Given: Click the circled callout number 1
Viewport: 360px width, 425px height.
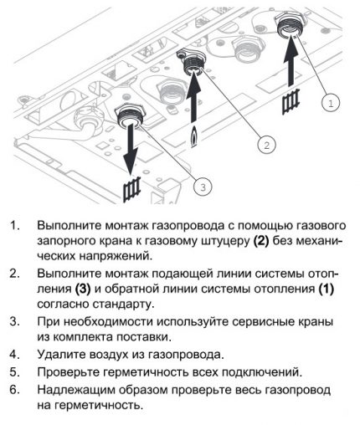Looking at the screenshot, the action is point(331,104).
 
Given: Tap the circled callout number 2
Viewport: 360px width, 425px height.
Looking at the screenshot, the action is point(266,145).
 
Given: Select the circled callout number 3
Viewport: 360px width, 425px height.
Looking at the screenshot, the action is point(203,187).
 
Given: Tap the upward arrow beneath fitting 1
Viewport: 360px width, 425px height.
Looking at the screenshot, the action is point(291,61).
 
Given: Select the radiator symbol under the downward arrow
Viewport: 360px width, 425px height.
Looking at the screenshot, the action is point(131,189).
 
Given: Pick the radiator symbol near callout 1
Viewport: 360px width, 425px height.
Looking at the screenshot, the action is point(291,101).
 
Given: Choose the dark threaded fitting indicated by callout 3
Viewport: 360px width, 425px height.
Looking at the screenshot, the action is point(129,116).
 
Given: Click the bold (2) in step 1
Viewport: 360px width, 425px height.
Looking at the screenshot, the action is point(261,241).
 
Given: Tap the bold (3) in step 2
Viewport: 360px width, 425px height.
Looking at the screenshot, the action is point(83,289).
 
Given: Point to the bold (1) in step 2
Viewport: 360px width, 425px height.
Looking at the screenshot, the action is point(326,289).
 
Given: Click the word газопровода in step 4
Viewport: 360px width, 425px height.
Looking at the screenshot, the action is point(186,355).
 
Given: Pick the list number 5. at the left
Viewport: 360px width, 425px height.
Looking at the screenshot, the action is point(14,371).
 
